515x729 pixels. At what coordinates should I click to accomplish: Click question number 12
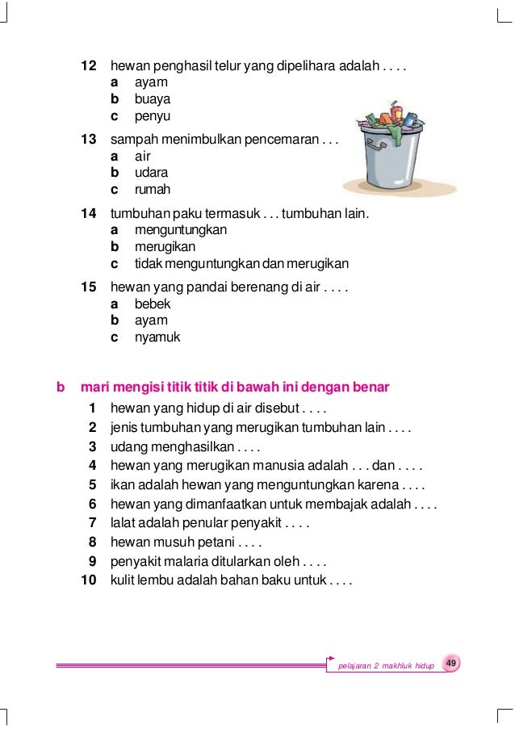coord(89,65)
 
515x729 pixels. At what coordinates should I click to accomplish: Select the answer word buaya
coord(153,99)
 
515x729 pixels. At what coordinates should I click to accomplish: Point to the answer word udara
coord(152,173)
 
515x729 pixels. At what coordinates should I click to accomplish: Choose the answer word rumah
coord(153,190)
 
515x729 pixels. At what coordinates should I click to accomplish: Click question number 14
coord(89,214)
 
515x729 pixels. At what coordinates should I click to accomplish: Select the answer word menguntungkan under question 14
coord(180,230)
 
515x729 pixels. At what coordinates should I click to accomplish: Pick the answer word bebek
coord(153,304)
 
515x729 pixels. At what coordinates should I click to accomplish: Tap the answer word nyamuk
coord(157,337)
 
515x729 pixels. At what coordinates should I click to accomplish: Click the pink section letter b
coord(60,387)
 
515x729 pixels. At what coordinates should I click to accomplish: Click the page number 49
coord(451,664)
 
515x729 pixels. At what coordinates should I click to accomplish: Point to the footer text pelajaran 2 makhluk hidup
coord(386,665)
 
